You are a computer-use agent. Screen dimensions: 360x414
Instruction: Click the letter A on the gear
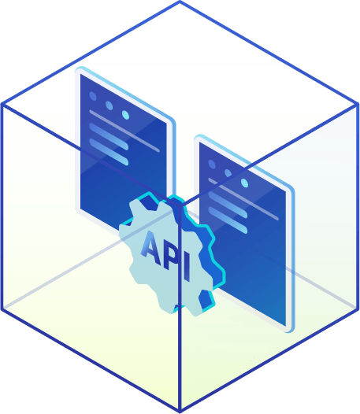tap(152, 248)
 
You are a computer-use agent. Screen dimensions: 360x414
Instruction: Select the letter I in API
tap(187, 267)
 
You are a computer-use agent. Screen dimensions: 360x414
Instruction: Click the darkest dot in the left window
tap(93, 96)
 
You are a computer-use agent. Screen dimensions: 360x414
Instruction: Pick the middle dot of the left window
tap(109, 105)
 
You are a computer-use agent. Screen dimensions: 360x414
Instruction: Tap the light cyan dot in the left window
tap(125, 115)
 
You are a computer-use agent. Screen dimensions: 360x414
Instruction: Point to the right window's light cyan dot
tap(244, 183)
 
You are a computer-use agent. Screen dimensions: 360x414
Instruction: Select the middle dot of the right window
tap(228, 173)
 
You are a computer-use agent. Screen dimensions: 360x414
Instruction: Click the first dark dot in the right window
tap(212, 164)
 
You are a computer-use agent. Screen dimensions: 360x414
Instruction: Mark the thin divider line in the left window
tap(124, 131)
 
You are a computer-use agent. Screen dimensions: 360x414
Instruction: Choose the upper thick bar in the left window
tap(109, 136)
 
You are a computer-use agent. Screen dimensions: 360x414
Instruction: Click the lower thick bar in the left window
tap(109, 152)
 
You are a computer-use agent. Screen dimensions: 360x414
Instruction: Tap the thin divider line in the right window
tap(243, 199)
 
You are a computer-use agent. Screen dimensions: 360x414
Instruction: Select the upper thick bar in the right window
tap(228, 205)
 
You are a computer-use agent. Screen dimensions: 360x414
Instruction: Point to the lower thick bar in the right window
tap(228, 220)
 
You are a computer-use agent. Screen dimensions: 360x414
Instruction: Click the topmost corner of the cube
tap(180, 2)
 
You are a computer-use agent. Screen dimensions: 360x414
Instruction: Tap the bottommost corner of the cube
tap(180, 412)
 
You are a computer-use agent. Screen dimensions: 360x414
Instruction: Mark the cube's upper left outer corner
tap(2, 104)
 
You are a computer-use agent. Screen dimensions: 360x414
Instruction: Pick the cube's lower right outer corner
tap(358, 309)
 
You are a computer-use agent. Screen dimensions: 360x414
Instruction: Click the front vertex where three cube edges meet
tap(180, 205)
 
